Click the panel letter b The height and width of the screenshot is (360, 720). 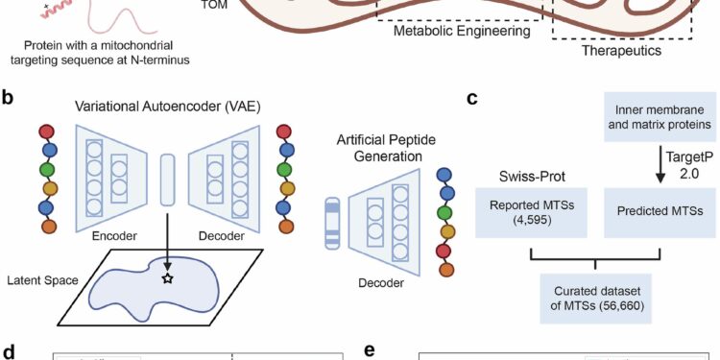click(10, 98)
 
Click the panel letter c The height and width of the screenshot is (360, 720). click(471, 98)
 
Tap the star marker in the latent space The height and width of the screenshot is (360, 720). click(167, 278)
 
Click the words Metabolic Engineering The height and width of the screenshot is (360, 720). click(462, 32)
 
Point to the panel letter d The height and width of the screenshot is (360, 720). click(10, 349)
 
